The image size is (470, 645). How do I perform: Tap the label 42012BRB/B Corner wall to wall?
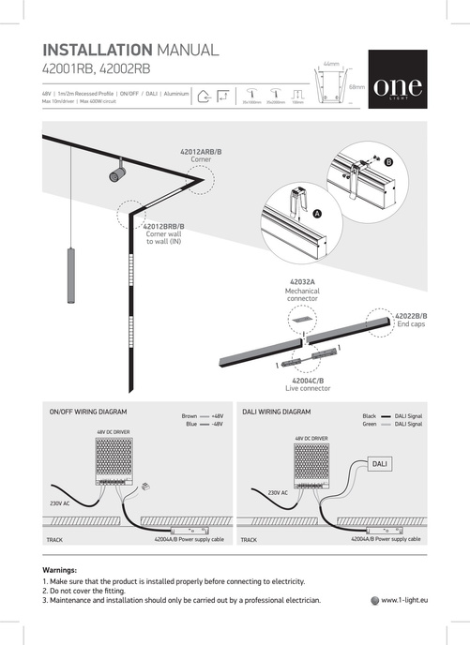164,233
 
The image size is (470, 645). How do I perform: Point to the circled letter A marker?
316,215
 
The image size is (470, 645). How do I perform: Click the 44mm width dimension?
330,64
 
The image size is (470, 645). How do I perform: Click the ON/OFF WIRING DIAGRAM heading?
87,412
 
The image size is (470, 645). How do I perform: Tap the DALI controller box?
380,464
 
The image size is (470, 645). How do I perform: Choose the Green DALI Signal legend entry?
391,424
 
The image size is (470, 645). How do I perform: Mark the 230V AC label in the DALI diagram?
278,491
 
